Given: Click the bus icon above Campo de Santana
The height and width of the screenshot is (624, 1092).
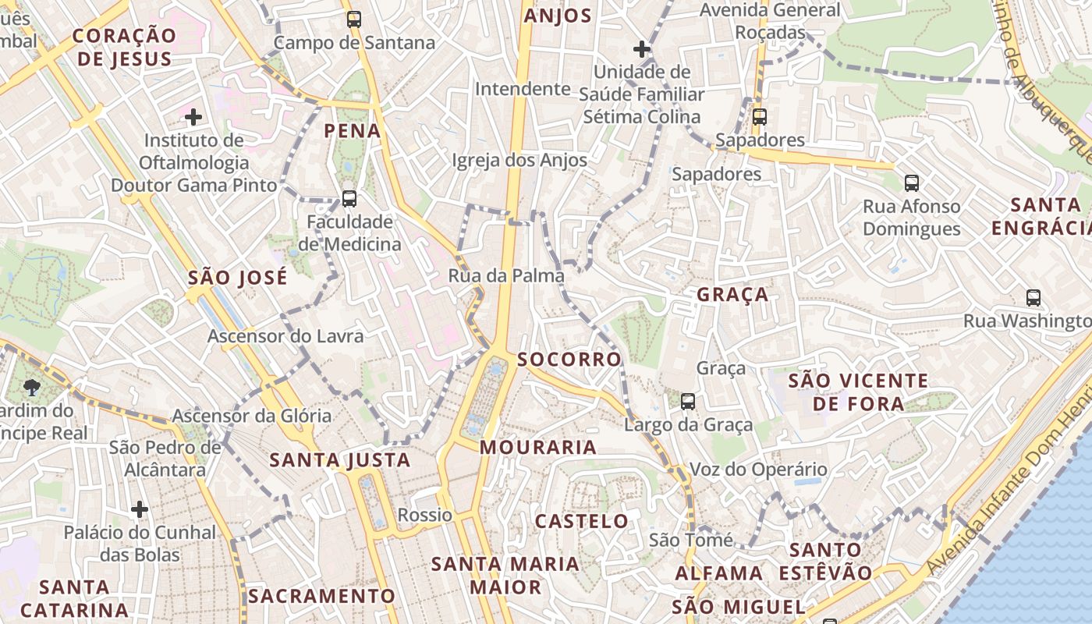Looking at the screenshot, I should point(354,19).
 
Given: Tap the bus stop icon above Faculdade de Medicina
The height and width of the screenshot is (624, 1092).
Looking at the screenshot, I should point(349,199).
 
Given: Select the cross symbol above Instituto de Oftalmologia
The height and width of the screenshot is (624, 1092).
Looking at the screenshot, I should point(193,118).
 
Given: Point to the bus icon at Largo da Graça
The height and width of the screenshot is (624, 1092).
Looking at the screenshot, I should point(687,402).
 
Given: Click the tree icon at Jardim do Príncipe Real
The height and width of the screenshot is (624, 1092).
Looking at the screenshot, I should point(32,387).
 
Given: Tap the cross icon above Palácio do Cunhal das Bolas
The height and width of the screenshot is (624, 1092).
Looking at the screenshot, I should point(140,510).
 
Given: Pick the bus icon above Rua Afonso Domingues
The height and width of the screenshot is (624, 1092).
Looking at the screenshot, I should point(911,183).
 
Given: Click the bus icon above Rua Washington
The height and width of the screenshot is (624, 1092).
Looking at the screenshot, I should point(1033,298).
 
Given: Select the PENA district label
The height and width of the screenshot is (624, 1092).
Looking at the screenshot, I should point(353,130).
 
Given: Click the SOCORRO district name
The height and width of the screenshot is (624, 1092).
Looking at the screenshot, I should point(569,360).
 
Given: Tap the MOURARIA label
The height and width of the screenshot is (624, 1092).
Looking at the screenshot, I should point(538,448).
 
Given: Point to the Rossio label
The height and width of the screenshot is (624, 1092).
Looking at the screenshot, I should point(425,515).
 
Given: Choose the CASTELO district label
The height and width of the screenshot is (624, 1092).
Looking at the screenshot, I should point(582,521).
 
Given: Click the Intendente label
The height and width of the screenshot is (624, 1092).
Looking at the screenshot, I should point(523,89).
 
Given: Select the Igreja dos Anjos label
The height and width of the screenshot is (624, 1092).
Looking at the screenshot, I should point(519,161).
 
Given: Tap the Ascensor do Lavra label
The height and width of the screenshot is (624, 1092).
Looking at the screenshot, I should point(285,336).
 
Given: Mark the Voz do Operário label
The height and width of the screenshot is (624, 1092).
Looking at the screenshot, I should point(758,470).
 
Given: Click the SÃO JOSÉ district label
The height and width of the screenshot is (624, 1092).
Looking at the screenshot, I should point(238,278).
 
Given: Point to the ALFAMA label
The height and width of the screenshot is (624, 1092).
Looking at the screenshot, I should point(719,573).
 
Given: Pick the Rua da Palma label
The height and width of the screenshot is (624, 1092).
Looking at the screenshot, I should point(506,275).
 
